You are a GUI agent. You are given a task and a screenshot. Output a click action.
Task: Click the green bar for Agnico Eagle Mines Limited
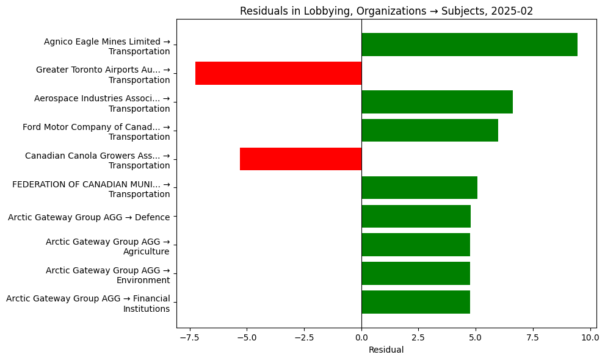[469, 45]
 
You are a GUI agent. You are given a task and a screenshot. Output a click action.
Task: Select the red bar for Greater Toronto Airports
[278, 73]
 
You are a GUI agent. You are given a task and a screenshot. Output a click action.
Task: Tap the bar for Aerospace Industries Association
[437, 102]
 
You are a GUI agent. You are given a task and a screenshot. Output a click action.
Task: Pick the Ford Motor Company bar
[430, 131]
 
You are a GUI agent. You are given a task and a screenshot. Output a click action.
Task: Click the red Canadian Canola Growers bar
[300, 159]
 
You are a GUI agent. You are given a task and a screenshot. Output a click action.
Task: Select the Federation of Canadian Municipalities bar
[419, 187]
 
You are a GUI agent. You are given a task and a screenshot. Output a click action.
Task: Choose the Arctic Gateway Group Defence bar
[416, 216]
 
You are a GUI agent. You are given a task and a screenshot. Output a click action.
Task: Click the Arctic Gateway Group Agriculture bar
[416, 245]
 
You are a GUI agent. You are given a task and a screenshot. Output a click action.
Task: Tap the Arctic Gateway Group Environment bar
[416, 273]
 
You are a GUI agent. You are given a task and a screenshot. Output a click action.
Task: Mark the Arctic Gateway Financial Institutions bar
[416, 302]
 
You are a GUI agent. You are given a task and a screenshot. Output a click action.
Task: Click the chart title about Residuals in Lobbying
[386, 11]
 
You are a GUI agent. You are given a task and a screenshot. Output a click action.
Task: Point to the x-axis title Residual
[386, 350]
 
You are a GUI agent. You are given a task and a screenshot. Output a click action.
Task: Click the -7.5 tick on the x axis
[190, 336]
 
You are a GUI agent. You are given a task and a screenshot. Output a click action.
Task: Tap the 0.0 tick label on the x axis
[361, 336]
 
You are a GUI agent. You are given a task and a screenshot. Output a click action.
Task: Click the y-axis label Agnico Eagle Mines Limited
[107, 46]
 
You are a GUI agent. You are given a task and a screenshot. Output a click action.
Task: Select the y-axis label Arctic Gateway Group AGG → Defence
[89, 217]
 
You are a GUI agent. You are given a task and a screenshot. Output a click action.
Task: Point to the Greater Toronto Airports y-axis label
[103, 74]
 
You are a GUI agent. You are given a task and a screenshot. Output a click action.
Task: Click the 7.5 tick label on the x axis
[533, 336]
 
